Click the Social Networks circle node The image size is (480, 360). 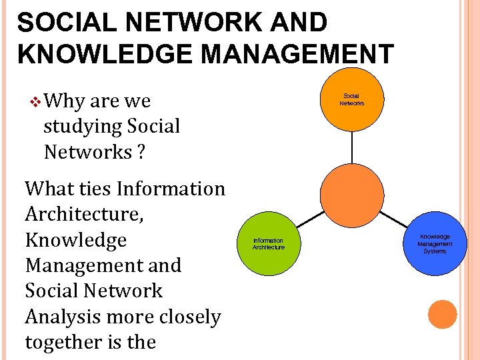click(351, 99)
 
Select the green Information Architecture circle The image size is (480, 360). click(269, 244)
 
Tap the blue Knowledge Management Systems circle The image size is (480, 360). click(435, 244)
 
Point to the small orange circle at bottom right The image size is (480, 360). click(442, 314)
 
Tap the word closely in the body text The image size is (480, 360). click(183, 317)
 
